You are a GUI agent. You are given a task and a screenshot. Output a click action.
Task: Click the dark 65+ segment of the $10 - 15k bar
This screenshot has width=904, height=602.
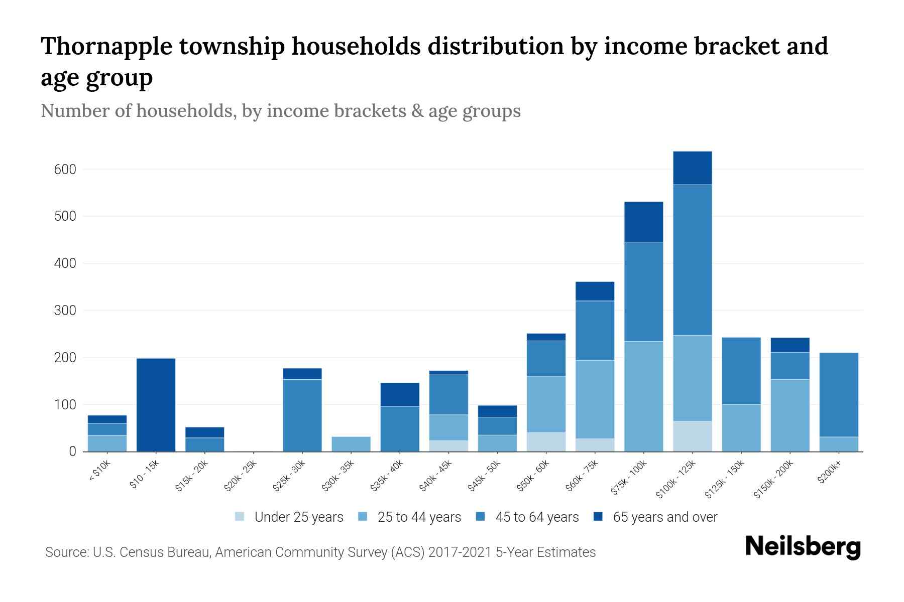pos(156,404)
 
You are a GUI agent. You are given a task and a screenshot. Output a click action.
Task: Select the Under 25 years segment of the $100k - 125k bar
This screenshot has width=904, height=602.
pos(692,436)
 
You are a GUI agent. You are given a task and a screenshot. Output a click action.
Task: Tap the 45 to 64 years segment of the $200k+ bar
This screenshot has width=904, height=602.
pos(838,395)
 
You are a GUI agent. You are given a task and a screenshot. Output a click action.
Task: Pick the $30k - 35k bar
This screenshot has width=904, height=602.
pos(351,444)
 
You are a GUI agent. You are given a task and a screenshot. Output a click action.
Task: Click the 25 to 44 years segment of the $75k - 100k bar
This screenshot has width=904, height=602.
pos(643,396)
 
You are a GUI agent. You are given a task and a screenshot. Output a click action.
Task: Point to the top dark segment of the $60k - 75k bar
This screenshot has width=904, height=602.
pos(595,291)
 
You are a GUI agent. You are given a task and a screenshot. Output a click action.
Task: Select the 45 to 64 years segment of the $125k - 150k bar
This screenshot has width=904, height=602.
pos(741,371)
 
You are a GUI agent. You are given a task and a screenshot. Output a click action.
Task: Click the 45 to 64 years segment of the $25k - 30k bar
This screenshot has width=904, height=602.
pos(302,415)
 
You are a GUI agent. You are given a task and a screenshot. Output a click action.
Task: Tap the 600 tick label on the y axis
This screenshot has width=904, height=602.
pos(65,170)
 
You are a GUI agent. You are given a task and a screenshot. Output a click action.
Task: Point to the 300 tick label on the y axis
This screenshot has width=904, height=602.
pos(65,311)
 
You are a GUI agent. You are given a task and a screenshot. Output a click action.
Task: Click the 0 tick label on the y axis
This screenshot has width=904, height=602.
pos(72,452)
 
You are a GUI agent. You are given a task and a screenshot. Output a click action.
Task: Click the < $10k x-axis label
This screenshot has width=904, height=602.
pos(99,471)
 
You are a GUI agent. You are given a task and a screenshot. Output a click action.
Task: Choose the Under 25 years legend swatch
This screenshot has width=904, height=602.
pos(240,517)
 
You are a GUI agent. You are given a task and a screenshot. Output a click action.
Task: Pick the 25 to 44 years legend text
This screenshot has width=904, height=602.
pos(419,517)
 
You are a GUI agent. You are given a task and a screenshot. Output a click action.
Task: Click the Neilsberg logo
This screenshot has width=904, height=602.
pos(803,547)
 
